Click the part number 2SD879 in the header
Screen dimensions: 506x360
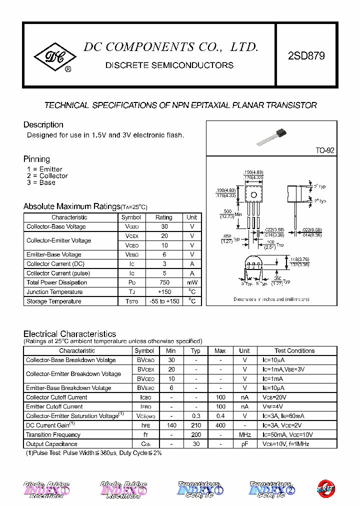306,56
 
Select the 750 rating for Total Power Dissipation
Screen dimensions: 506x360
163,282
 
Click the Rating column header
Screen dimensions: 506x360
163,217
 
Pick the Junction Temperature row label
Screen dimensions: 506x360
54,292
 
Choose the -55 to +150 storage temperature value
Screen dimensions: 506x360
163,301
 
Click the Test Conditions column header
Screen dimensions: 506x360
294,351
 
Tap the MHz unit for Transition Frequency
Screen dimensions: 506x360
244,435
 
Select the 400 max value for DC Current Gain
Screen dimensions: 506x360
220,425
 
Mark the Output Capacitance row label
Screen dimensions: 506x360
51,444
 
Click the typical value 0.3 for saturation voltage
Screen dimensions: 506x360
195,416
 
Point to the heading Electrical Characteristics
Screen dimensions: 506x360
69,334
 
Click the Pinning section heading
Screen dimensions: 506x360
36,159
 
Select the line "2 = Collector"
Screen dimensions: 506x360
47,176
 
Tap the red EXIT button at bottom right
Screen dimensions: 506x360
326,488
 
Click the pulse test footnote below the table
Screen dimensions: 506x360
93,453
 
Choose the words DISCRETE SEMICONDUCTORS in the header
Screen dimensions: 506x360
169,65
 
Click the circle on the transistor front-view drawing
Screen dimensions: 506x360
253,194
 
